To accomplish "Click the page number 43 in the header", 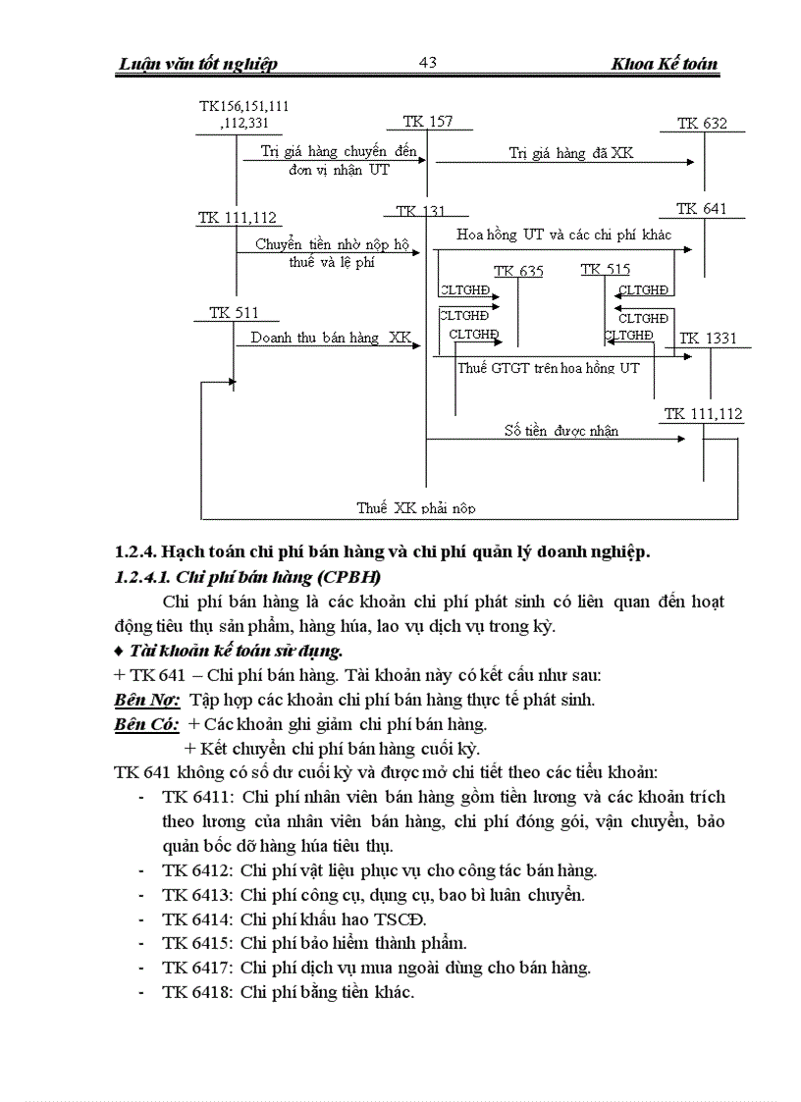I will pos(427,63).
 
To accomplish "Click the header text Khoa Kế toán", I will pos(664,65).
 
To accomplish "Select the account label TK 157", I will pos(427,122).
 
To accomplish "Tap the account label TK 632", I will pos(702,124).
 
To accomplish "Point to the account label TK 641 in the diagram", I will pos(701,209).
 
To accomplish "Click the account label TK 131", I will pos(420,211).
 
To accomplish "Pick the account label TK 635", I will pos(518,271).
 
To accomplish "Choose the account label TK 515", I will pos(606,269).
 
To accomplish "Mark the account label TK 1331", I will pos(708,339).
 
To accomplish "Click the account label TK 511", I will pos(234,313).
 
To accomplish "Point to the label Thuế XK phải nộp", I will pos(416,508).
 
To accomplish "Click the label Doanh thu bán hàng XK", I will pos(331,338).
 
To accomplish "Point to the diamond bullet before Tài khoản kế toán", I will pos(119,651).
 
